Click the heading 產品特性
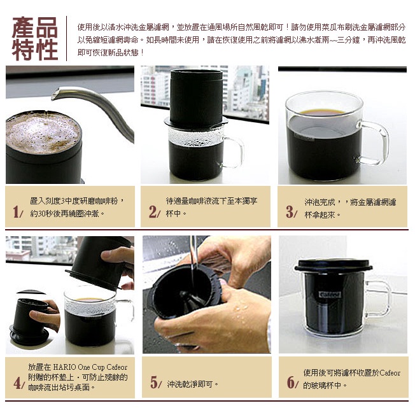[x=34, y=39]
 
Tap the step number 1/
[x=18, y=212]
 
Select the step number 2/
[x=155, y=212]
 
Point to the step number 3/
[x=292, y=212]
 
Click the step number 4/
[x=19, y=383]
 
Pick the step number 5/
[x=156, y=382]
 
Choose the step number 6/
[x=293, y=382]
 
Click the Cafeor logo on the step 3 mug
[x=304, y=138]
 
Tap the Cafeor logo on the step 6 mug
[x=330, y=294]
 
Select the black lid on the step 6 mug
[x=334, y=265]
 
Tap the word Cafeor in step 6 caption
[x=390, y=373]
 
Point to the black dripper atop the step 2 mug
[x=196, y=98]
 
